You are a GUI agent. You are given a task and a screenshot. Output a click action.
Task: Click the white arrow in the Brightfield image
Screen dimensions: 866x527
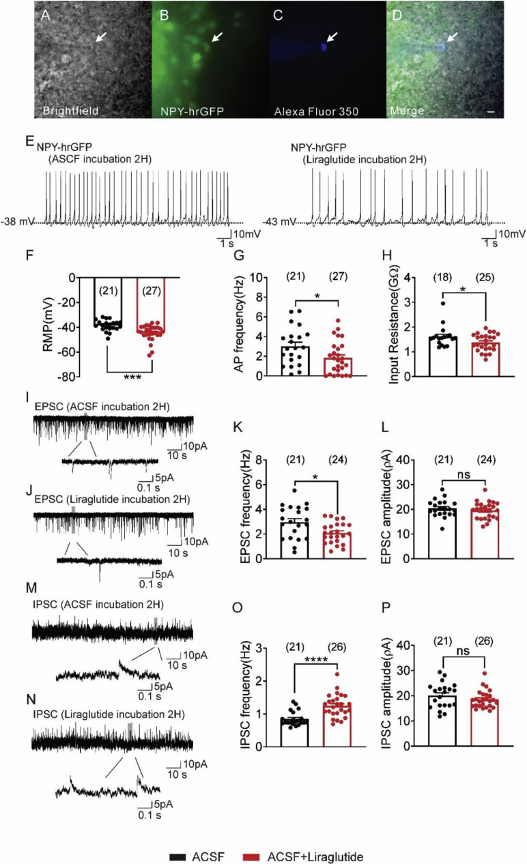coord(100,36)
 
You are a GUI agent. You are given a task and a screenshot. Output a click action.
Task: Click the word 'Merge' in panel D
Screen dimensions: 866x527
coord(404,109)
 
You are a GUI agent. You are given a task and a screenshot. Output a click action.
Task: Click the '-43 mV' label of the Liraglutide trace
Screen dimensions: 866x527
coord(281,222)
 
